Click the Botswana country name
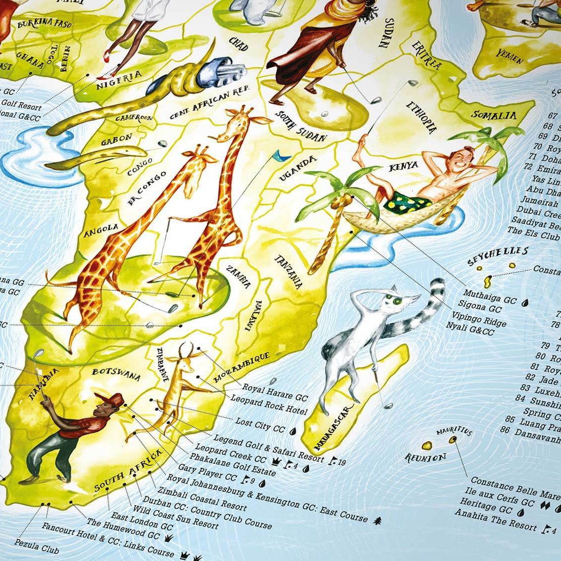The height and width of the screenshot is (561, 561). pos(116,375)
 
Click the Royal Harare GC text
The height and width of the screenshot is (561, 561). pos(275,392)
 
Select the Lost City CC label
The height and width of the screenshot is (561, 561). pos(260,425)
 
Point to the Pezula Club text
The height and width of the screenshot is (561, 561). pos(36,547)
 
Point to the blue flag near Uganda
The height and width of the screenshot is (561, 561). pos(282,156)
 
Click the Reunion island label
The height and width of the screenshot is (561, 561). pos(425,458)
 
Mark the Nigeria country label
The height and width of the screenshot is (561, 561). pos(119,80)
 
